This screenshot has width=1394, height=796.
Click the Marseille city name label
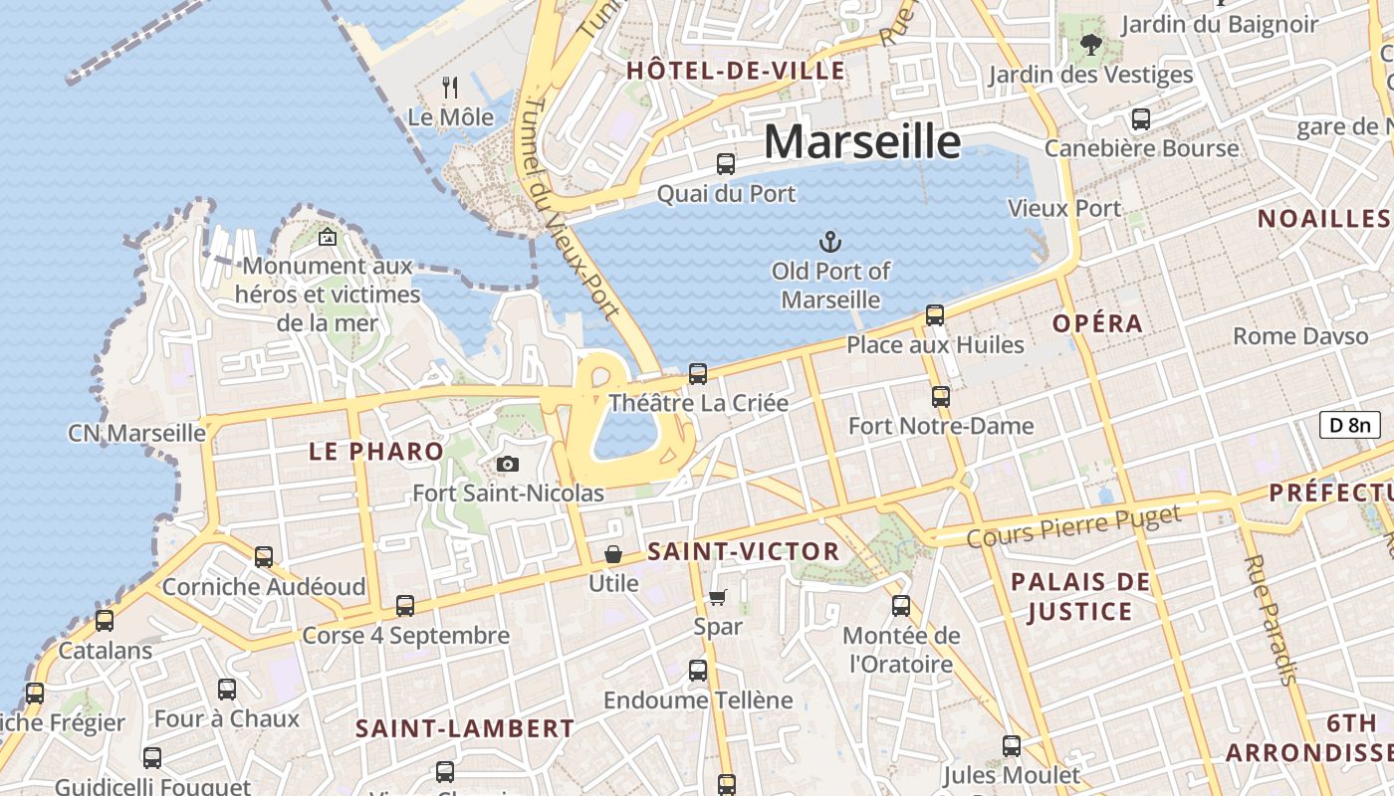[862, 141]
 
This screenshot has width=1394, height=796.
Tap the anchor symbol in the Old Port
[829, 242]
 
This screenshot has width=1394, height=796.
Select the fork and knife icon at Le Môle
[450, 88]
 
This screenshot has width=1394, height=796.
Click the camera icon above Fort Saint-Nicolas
[508, 464]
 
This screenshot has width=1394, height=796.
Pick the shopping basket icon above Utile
[613, 554]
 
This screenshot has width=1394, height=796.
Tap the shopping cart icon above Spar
[717, 598]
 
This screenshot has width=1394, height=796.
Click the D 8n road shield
[1350, 425]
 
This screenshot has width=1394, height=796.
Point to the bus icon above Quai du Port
[726, 164]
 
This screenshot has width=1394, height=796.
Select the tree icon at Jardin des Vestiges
[1090, 44]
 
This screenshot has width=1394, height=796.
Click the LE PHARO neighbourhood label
[376, 451]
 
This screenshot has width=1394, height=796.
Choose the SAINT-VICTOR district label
[744, 551]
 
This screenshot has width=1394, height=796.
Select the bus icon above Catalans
[105, 621]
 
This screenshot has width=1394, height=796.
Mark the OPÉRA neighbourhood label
[1098, 323]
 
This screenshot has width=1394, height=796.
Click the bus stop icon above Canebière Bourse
[1141, 119]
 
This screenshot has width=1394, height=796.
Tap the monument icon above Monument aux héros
[327, 237]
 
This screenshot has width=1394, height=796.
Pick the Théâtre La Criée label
[698, 403]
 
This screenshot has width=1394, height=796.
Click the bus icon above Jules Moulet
[1012, 746]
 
